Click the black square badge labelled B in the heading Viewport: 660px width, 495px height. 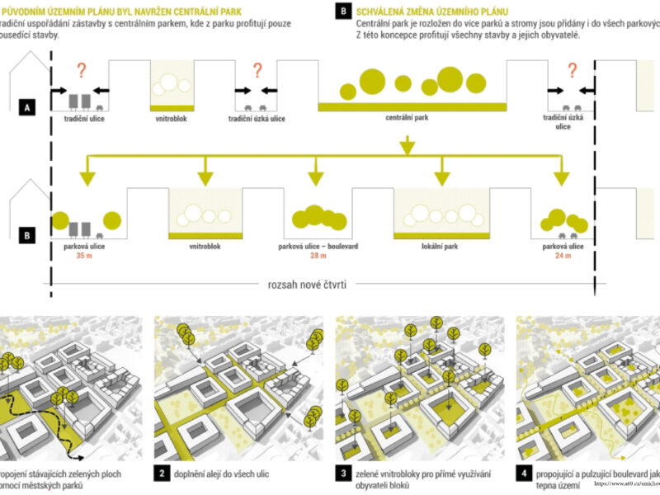coord(342,11)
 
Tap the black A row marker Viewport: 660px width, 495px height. coord(28,107)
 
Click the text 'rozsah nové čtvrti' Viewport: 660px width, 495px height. coord(308,285)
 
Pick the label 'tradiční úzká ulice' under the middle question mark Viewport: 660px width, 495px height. coord(257,119)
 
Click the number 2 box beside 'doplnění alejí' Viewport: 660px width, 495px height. coord(162,474)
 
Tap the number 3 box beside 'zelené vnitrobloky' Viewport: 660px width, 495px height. coord(342,474)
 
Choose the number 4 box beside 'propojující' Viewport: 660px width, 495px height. coord(523,474)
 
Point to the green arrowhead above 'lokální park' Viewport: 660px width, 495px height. coord(444,177)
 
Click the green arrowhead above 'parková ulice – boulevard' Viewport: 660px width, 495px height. coord(314,177)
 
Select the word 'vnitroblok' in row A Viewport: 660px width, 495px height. coord(171,119)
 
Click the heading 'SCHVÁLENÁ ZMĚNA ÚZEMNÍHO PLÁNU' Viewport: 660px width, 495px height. coord(426,11)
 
